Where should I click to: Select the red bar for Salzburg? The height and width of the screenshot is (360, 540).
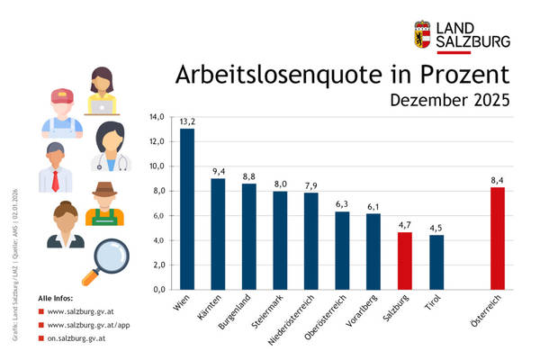click(x=405, y=260)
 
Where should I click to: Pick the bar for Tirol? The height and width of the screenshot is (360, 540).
click(x=436, y=262)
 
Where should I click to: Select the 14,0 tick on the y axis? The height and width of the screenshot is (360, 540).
click(x=157, y=117)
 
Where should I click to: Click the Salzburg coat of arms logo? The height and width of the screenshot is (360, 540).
click(x=422, y=34)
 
